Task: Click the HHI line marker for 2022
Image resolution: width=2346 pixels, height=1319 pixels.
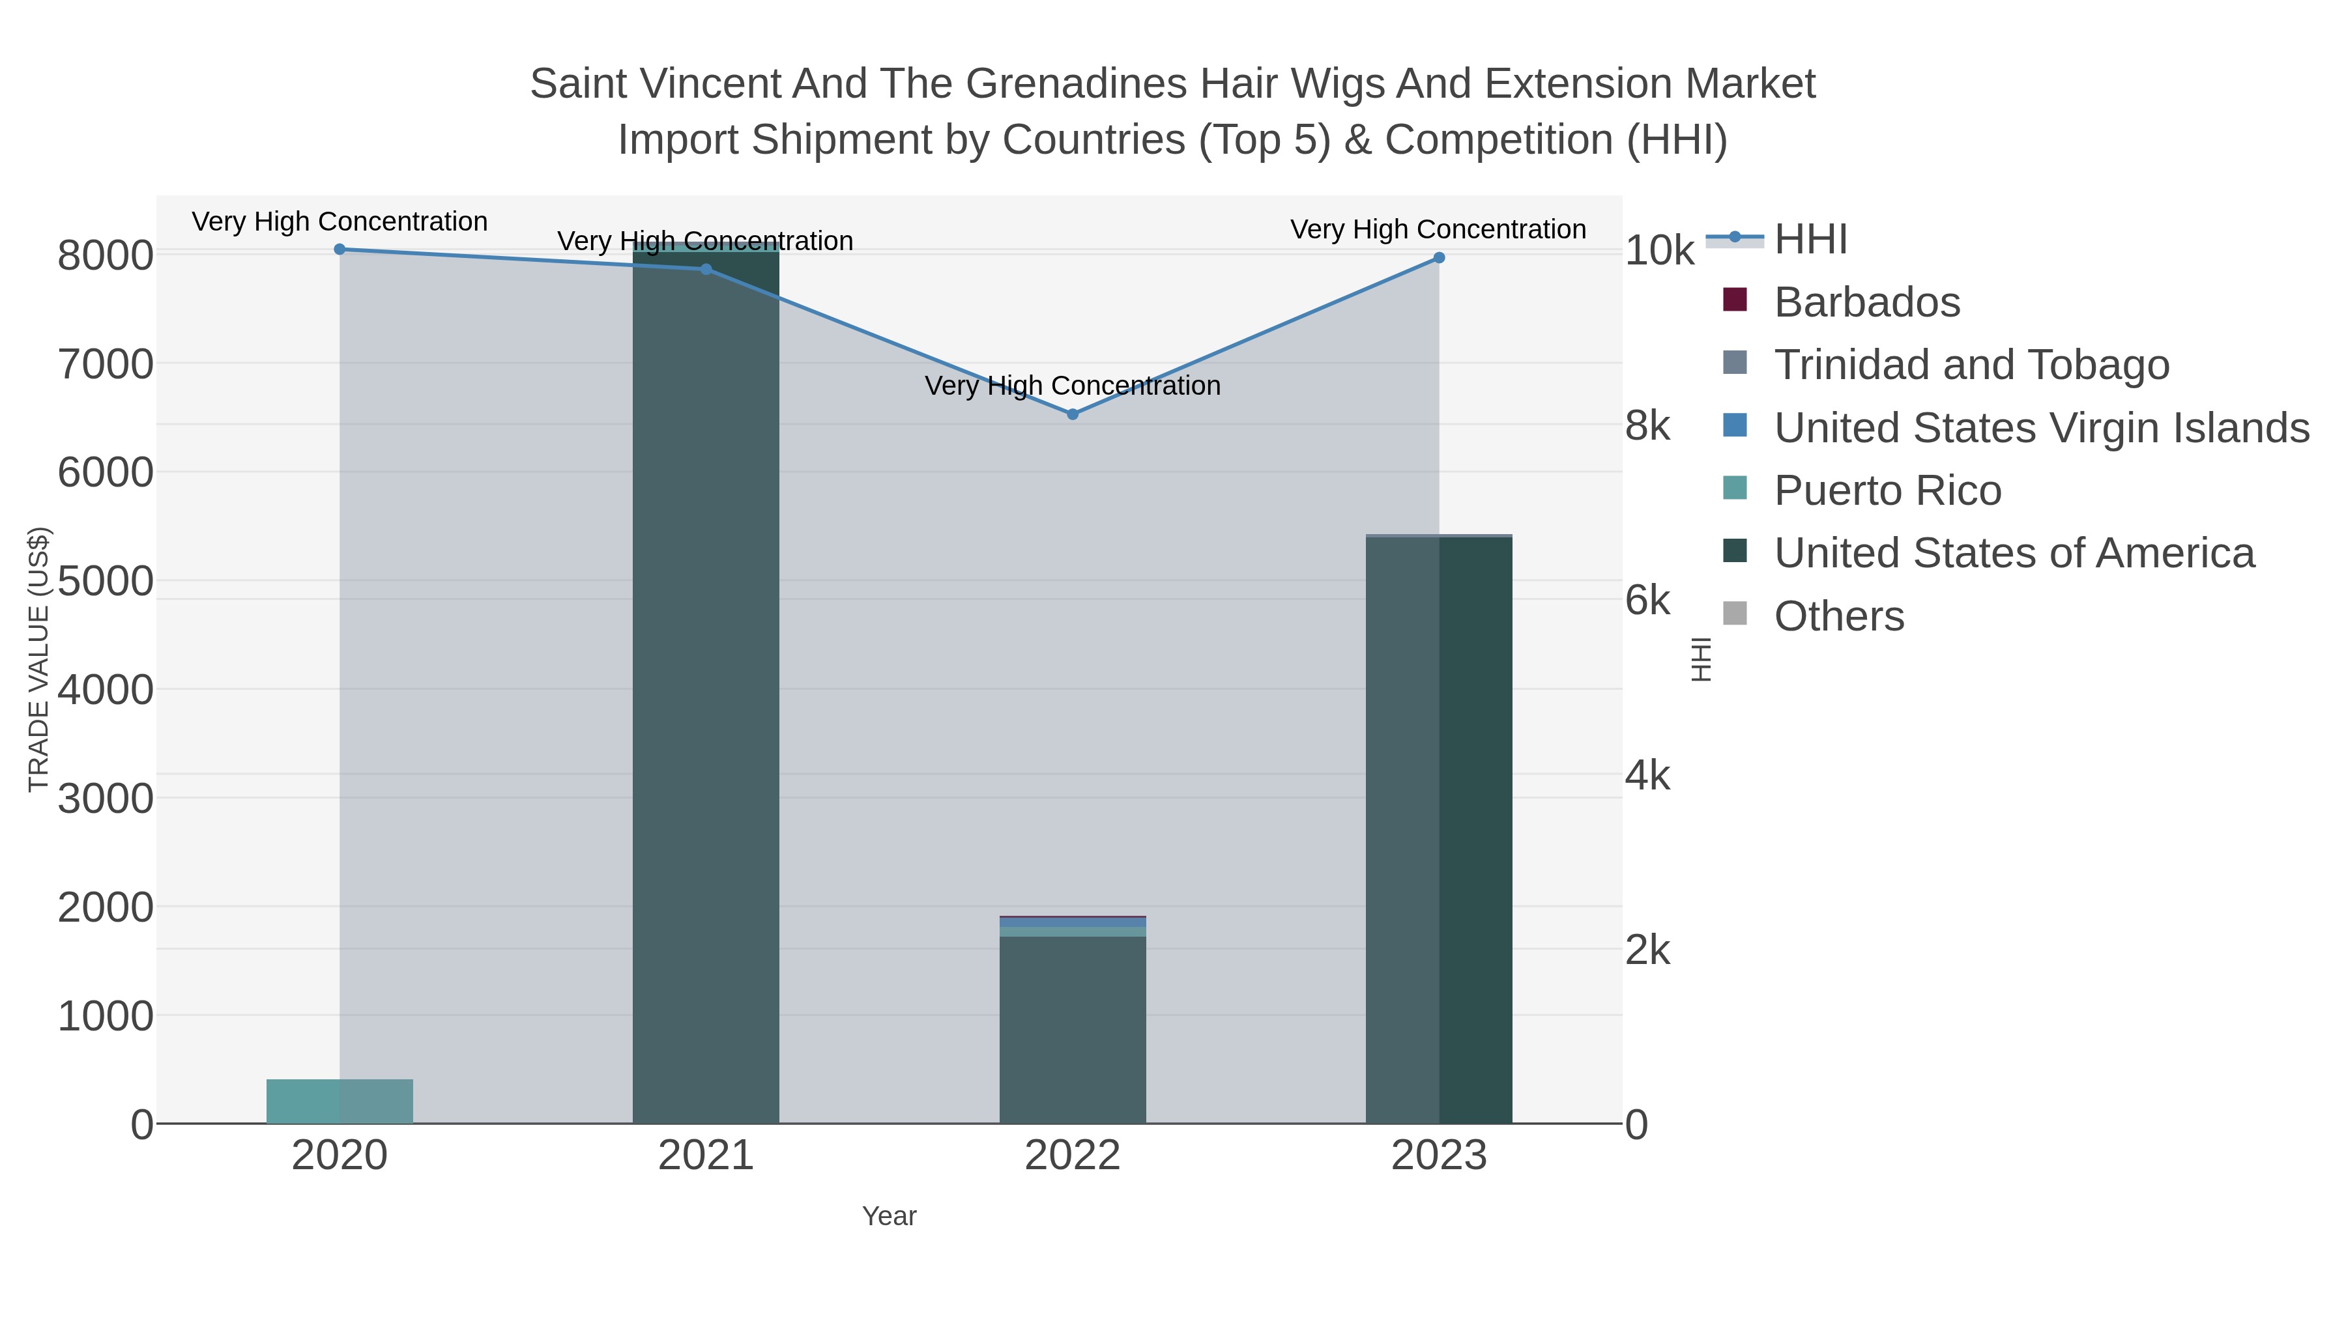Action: click(1072, 414)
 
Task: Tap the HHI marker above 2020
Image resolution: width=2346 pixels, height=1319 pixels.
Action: click(340, 249)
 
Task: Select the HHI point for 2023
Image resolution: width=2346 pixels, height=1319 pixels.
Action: click(1439, 257)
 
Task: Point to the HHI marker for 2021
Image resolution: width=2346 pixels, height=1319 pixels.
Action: click(706, 270)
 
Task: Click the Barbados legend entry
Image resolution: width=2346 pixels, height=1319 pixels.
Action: click(1866, 302)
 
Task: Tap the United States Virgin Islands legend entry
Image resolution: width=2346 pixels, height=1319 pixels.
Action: click(2040, 428)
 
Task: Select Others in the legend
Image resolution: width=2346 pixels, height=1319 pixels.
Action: click(1839, 616)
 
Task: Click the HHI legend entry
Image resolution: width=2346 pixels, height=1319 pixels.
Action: click(1810, 240)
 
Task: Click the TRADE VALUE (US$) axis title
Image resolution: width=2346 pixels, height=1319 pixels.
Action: click(38, 659)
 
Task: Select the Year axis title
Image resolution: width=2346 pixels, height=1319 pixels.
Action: click(889, 1216)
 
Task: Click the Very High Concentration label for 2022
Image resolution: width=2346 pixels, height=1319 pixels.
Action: click(1072, 386)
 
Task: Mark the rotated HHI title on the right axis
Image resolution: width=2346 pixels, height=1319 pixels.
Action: click(1700, 659)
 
